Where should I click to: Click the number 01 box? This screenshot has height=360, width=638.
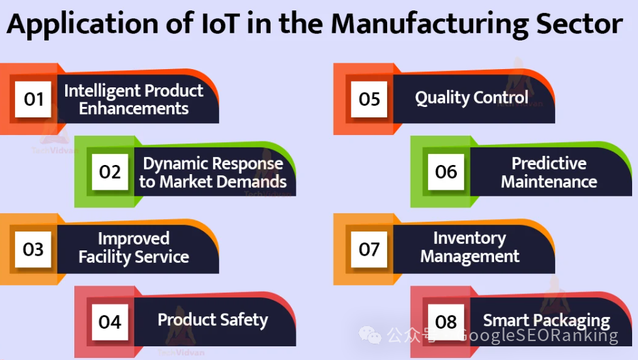click(33, 99)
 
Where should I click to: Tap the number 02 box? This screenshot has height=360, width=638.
click(110, 172)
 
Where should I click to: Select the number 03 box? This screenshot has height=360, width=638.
click(33, 249)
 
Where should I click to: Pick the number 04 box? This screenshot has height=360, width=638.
click(110, 322)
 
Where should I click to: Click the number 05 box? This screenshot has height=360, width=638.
click(369, 99)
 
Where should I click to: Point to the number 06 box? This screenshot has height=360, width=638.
click(446, 172)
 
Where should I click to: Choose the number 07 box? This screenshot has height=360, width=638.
click(369, 249)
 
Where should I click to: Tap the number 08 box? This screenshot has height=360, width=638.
click(446, 322)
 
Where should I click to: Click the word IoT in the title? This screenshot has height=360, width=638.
click(220, 23)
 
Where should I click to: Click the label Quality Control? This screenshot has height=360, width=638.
click(472, 98)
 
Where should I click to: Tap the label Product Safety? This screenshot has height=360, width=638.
click(213, 320)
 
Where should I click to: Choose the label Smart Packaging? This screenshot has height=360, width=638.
click(547, 321)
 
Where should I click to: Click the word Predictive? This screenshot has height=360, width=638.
click(549, 163)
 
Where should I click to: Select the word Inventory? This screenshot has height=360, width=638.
click(470, 239)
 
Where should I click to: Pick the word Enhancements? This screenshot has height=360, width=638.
click(134, 109)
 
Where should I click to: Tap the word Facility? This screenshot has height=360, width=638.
click(104, 257)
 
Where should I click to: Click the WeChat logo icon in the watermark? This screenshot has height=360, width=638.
click(370, 335)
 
